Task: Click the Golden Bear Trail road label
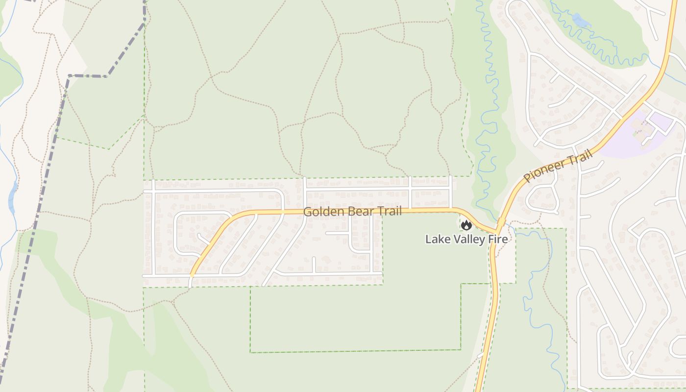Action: pyautogui.click(x=352, y=212)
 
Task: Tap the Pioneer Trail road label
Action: pyautogui.click(x=558, y=167)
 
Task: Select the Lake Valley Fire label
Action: pyautogui.click(x=466, y=240)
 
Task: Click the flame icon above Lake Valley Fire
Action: pyautogui.click(x=466, y=225)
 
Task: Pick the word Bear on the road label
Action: pyautogui.click(x=359, y=212)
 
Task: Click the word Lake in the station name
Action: pyautogui.click(x=435, y=240)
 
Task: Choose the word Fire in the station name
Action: pyautogui.click(x=497, y=240)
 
